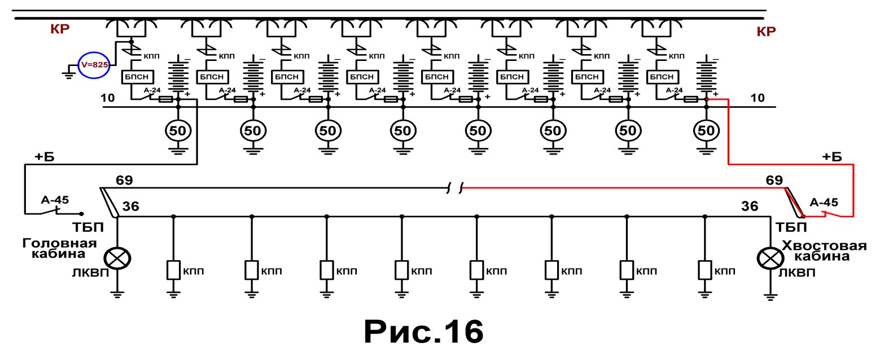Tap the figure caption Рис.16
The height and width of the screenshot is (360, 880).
point(423,332)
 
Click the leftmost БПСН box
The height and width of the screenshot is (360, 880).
point(137,77)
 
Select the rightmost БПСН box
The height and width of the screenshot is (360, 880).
point(662,77)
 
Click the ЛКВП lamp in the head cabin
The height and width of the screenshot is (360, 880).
point(117,258)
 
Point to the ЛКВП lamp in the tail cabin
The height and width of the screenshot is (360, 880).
point(770,258)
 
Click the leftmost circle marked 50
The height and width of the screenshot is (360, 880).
point(178,131)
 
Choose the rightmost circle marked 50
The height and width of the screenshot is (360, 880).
point(706,131)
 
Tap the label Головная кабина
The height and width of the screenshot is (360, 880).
point(59,248)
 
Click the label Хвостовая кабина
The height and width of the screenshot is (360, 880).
point(824,251)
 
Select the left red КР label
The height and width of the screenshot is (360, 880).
point(60,29)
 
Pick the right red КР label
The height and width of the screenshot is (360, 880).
point(766,32)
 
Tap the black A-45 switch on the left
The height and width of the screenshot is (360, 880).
point(54,212)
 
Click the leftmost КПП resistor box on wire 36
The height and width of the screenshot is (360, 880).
point(173,270)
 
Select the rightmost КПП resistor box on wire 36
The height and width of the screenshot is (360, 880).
point(705,270)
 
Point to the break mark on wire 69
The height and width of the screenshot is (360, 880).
point(455,188)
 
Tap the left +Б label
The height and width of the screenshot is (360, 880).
point(45,157)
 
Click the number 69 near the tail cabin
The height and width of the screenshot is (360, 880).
point(774,180)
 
